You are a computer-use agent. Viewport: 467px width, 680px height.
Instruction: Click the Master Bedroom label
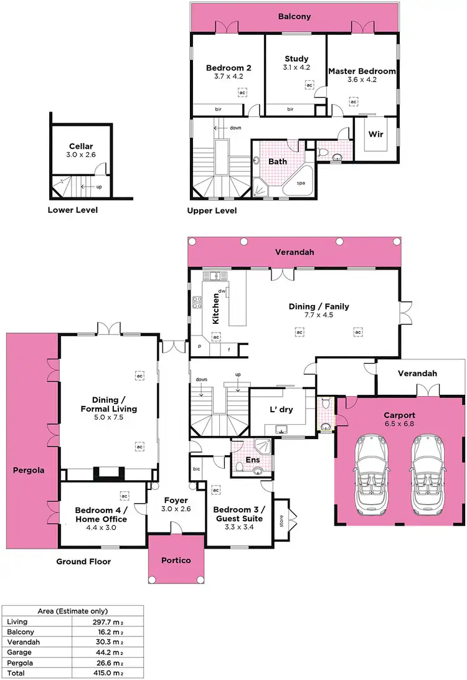pyautogui.click(x=362, y=71)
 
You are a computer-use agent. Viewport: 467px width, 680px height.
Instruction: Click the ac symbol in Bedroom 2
pyautogui.click(x=241, y=93)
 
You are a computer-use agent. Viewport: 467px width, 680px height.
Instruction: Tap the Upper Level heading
pyautogui.click(x=212, y=211)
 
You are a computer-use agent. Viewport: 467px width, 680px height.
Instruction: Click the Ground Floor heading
pyautogui.click(x=83, y=562)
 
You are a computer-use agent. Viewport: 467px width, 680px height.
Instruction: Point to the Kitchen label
pyautogui.click(x=217, y=308)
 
